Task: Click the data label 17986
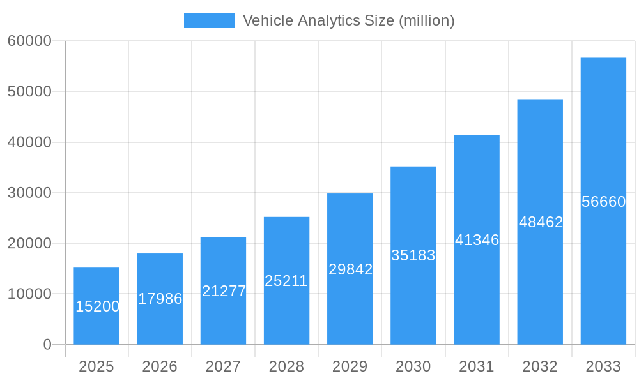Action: (160, 299)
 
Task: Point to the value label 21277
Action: (224, 291)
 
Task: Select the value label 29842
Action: (350, 269)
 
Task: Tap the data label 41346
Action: (477, 241)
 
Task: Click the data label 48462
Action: (541, 222)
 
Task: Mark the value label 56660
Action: (603, 202)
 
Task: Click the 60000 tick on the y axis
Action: (29, 41)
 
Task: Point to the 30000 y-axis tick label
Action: (29, 193)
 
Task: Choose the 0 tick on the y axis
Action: (47, 345)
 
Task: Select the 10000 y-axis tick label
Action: (29, 294)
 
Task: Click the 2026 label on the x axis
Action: (160, 366)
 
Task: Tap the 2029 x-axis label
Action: (350, 366)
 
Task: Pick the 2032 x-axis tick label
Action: (540, 366)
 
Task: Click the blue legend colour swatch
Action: (209, 20)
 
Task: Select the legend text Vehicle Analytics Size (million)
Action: (348, 20)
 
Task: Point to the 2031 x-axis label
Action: (477, 366)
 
